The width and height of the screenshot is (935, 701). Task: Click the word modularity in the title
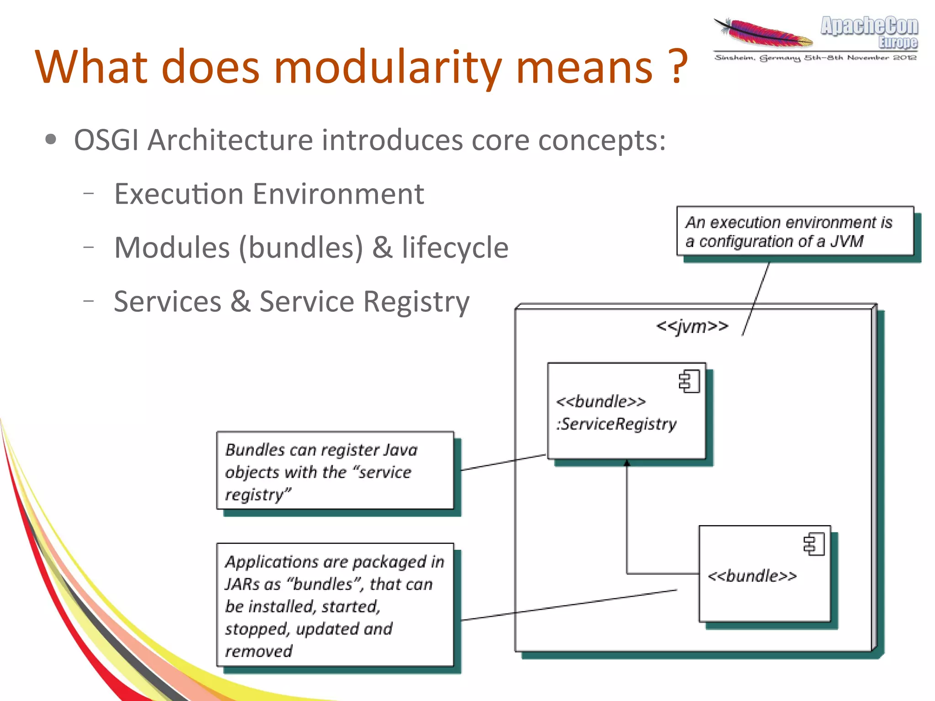pos(388,68)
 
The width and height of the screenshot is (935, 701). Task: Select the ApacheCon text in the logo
pos(869,26)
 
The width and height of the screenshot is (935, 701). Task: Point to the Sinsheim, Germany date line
pos(815,58)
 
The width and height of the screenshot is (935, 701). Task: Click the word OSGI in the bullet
pos(106,140)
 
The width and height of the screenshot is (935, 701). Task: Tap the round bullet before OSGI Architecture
pos(51,140)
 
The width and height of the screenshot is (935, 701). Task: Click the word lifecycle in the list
pos(455,248)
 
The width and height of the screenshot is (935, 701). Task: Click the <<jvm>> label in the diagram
pos(692,327)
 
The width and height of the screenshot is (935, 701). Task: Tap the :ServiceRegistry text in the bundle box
pos(616,424)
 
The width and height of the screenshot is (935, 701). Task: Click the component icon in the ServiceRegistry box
pos(689,381)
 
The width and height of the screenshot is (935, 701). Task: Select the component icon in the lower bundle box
pos(814,544)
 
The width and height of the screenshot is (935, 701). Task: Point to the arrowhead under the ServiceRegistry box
pos(627,463)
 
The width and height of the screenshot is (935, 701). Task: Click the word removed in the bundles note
pos(258,651)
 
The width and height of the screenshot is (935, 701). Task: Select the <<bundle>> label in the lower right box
pos(752,576)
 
